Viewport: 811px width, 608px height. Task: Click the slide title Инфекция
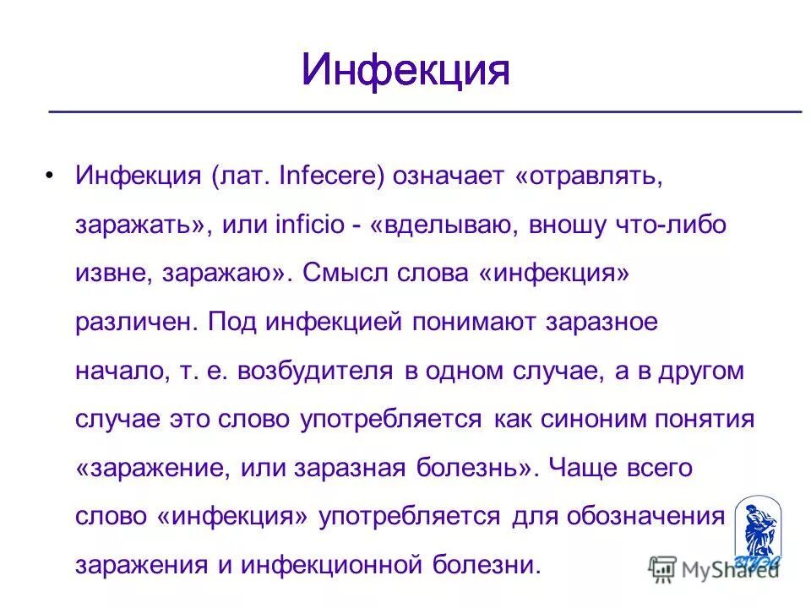405,71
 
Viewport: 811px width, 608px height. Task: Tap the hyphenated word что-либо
671,225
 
